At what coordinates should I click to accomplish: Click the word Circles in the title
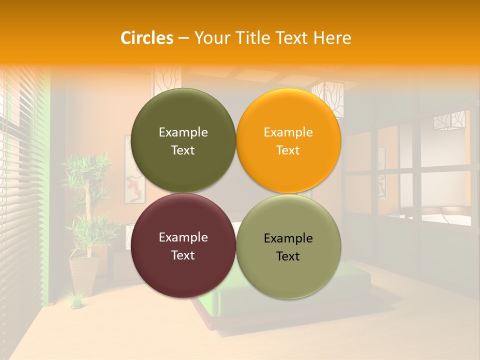[147, 38]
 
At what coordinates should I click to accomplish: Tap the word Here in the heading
[332, 38]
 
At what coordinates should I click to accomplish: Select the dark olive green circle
[183, 115]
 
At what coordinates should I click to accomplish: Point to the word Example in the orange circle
[288, 132]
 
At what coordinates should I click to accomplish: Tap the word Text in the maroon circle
[183, 255]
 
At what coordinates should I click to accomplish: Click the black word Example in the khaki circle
[288, 238]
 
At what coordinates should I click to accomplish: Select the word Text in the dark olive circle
[183, 150]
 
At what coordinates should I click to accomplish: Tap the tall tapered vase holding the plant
[83, 275]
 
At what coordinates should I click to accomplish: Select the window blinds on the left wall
[22, 200]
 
